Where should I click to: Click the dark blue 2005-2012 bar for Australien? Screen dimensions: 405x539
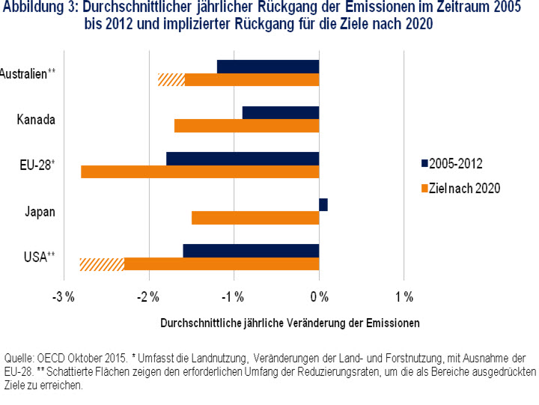pos(268,67)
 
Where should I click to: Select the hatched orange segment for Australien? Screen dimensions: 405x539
pos(171,80)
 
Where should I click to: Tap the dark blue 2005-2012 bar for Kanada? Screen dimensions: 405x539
pos(281,112)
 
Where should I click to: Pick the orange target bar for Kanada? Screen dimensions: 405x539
pos(246,126)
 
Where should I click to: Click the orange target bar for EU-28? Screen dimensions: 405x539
pos(200,171)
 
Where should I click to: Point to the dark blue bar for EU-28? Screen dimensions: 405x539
pos(243,159)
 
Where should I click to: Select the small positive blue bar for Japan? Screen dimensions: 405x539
pos(323,204)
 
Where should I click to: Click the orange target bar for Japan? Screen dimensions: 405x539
pos(255,218)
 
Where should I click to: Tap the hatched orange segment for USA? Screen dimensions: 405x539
pos(102,264)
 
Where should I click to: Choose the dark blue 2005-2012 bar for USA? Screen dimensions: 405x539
pos(251,250)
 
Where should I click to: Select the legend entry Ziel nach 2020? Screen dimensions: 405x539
pos(464,188)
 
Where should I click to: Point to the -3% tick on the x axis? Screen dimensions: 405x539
pos(64,296)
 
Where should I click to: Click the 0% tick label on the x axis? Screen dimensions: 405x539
pos(320,296)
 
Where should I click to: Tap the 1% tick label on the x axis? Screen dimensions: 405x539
pos(404,296)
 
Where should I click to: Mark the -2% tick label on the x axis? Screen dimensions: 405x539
pos(149,296)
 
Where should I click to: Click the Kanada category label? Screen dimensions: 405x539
pos(35,119)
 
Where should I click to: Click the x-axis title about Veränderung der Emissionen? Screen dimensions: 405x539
pos(290,323)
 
